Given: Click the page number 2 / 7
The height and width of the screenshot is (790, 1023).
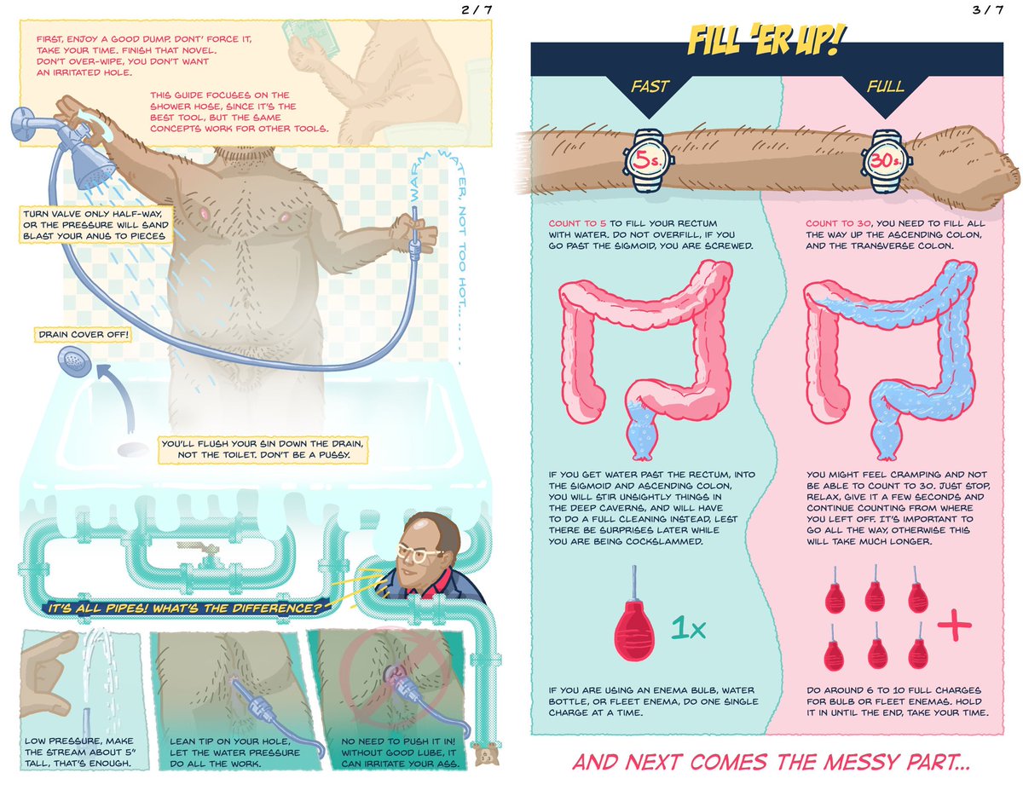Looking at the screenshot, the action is (477, 10).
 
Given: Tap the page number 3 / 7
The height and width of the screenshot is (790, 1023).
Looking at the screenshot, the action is (988, 10).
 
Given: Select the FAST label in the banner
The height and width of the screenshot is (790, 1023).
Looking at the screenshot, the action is (650, 87).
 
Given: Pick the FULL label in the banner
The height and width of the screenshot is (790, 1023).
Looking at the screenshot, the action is (886, 87).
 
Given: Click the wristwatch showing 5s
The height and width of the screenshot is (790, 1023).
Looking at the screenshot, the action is (648, 161).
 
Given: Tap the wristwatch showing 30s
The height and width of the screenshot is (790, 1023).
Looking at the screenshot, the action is (887, 161).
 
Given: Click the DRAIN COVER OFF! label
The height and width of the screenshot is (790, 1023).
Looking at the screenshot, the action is (83, 335).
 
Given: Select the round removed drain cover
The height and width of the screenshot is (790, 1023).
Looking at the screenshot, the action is (75, 361).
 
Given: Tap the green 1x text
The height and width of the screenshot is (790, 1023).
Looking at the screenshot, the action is (688, 628).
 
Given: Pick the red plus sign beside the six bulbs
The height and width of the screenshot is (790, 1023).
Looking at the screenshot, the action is (954, 626).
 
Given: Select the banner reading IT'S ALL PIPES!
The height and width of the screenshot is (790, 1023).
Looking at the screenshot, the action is (186, 608).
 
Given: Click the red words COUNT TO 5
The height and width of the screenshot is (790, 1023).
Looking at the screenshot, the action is (578, 223).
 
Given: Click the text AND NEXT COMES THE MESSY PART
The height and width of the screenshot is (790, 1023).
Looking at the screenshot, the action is (771, 762).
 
